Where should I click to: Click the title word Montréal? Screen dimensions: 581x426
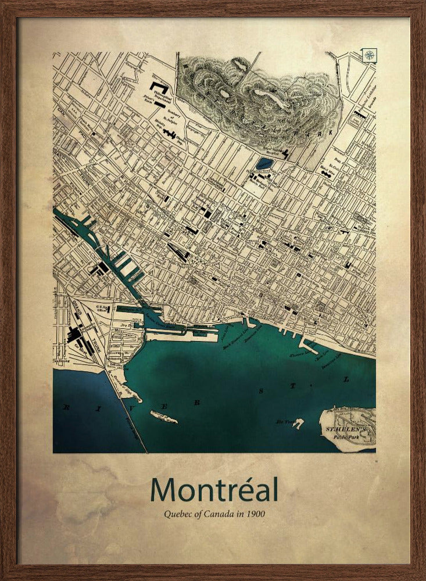pyautogui.click(x=214, y=490)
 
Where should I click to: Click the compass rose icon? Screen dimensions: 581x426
pyautogui.click(x=370, y=56)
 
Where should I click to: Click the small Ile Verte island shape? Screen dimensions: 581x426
pyautogui.click(x=298, y=423)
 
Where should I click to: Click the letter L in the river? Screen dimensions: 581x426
pyautogui.click(x=346, y=380)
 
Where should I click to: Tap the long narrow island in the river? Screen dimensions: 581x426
pyautogui.click(x=164, y=417)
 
